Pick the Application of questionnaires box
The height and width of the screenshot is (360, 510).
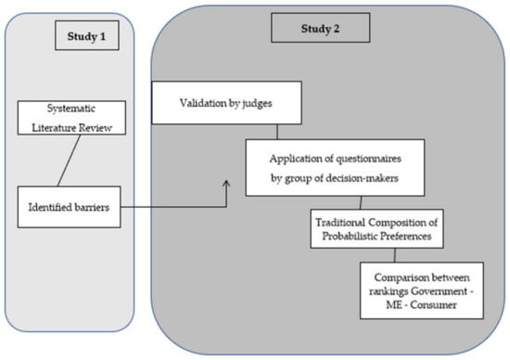coord(335,167)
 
